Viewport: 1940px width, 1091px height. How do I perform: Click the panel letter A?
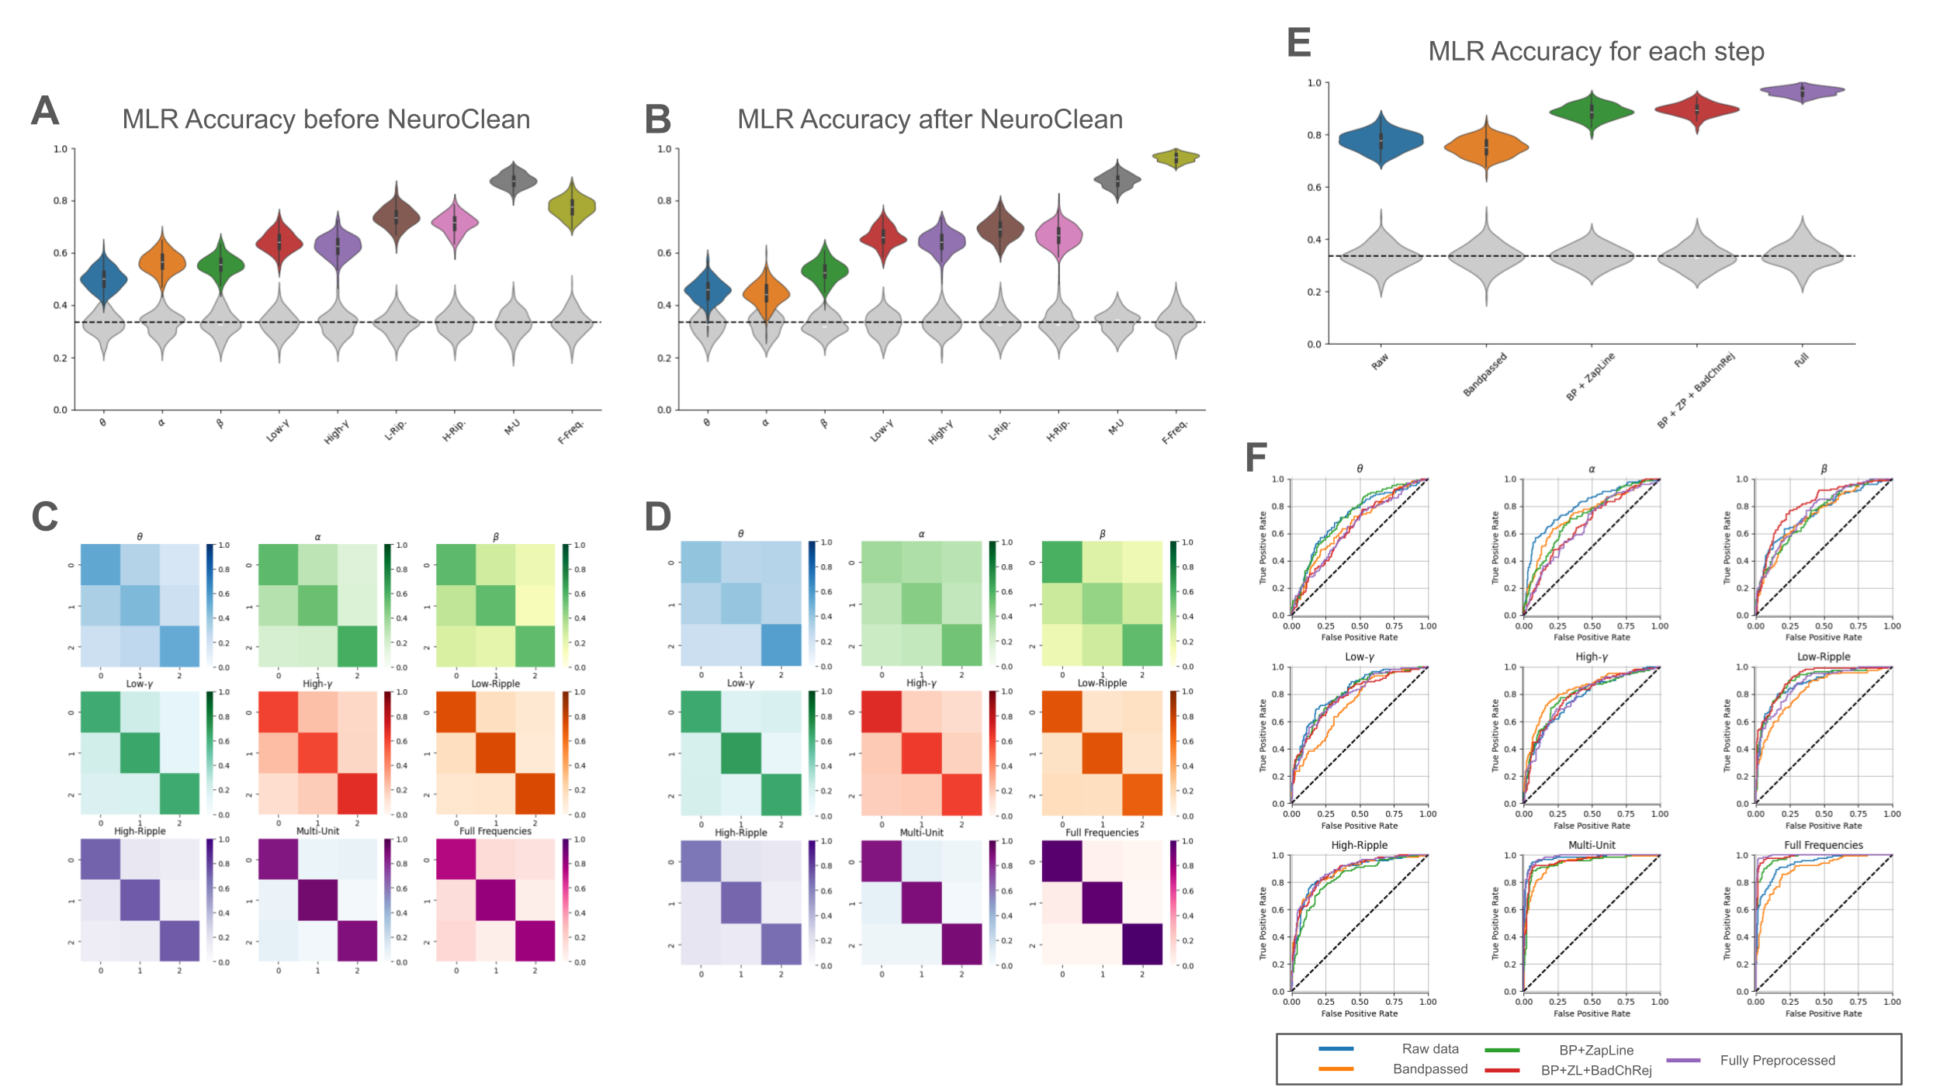45,110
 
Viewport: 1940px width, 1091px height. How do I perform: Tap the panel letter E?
1298,42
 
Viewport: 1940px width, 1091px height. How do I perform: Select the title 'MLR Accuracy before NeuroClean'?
326,119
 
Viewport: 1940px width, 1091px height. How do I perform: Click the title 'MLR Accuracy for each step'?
1596,51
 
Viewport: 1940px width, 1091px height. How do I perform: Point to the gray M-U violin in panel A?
514,181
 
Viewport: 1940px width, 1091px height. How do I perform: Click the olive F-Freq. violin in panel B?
1176,158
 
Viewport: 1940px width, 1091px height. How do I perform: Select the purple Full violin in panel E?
1802,92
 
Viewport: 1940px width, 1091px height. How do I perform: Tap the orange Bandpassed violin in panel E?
1486,147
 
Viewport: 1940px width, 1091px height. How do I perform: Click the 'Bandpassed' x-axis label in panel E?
1485,374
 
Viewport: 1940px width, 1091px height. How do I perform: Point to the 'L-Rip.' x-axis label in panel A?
396,431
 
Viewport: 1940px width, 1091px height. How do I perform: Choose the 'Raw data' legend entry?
1429,1049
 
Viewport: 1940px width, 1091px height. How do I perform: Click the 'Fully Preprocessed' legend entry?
1777,1061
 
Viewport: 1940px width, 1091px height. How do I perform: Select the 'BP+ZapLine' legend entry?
1596,1051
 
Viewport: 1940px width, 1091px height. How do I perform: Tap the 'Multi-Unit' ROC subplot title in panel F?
1592,845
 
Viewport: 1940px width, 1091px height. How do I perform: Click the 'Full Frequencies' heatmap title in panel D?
1102,833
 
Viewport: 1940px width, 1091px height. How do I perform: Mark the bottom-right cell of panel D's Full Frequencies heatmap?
1142,944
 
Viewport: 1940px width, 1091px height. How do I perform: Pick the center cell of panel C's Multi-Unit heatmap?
318,900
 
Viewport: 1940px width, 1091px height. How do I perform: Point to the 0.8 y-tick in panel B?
664,201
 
